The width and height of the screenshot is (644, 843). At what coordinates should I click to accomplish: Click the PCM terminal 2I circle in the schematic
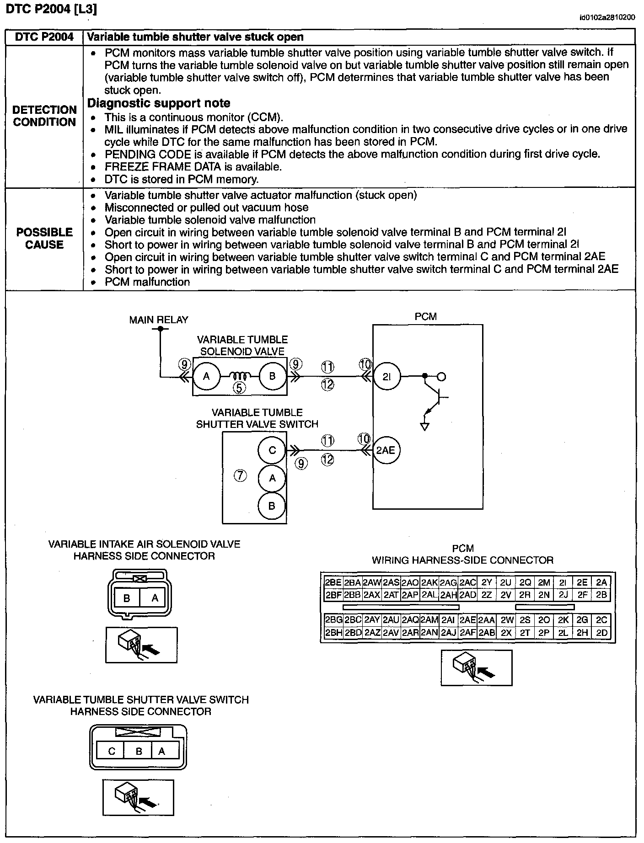pyautogui.click(x=386, y=377)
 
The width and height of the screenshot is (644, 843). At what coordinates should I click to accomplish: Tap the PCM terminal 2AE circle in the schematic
pyautogui.click(x=386, y=450)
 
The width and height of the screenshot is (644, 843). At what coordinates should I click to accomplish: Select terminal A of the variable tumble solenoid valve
pyautogui.click(x=206, y=376)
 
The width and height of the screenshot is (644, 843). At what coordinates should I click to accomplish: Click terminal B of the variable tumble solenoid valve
pyautogui.click(x=272, y=376)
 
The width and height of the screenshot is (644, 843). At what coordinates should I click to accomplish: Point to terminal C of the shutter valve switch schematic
pyautogui.click(x=272, y=450)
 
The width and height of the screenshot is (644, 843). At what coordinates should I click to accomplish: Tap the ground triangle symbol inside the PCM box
pyautogui.click(x=425, y=427)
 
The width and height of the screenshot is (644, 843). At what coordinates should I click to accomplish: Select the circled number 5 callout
pyautogui.click(x=239, y=389)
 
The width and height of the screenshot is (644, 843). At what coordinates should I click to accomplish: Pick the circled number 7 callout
pyautogui.click(x=241, y=476)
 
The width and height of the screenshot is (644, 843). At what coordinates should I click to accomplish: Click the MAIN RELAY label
pyautogui.click(x=159, y=320)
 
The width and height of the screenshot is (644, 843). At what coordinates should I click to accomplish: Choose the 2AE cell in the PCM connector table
pyautogui.click(x=467, y=620)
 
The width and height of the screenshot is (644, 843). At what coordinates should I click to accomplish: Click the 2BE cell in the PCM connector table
pyautogui.click(x=333, y=582)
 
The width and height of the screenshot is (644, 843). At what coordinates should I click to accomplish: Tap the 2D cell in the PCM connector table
pyautogui.click(x=601, y=633)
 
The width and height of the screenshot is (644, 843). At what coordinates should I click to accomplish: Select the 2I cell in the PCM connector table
pyautogui.click(x=563, y=582)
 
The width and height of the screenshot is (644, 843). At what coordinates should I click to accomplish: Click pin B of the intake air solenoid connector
pyautogui.click(x=127, y=598)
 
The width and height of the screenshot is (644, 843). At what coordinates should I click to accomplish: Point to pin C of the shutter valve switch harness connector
pyautogui.click(x=112, y=751)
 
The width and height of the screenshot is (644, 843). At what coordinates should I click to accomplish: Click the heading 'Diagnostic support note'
pyautogui.click(x=159, y=103)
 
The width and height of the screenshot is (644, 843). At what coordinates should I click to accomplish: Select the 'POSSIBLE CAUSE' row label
pyautogui.click(x=44, y=238)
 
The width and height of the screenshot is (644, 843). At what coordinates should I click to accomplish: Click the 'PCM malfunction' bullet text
pyautogui.click(x=147, y=282)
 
